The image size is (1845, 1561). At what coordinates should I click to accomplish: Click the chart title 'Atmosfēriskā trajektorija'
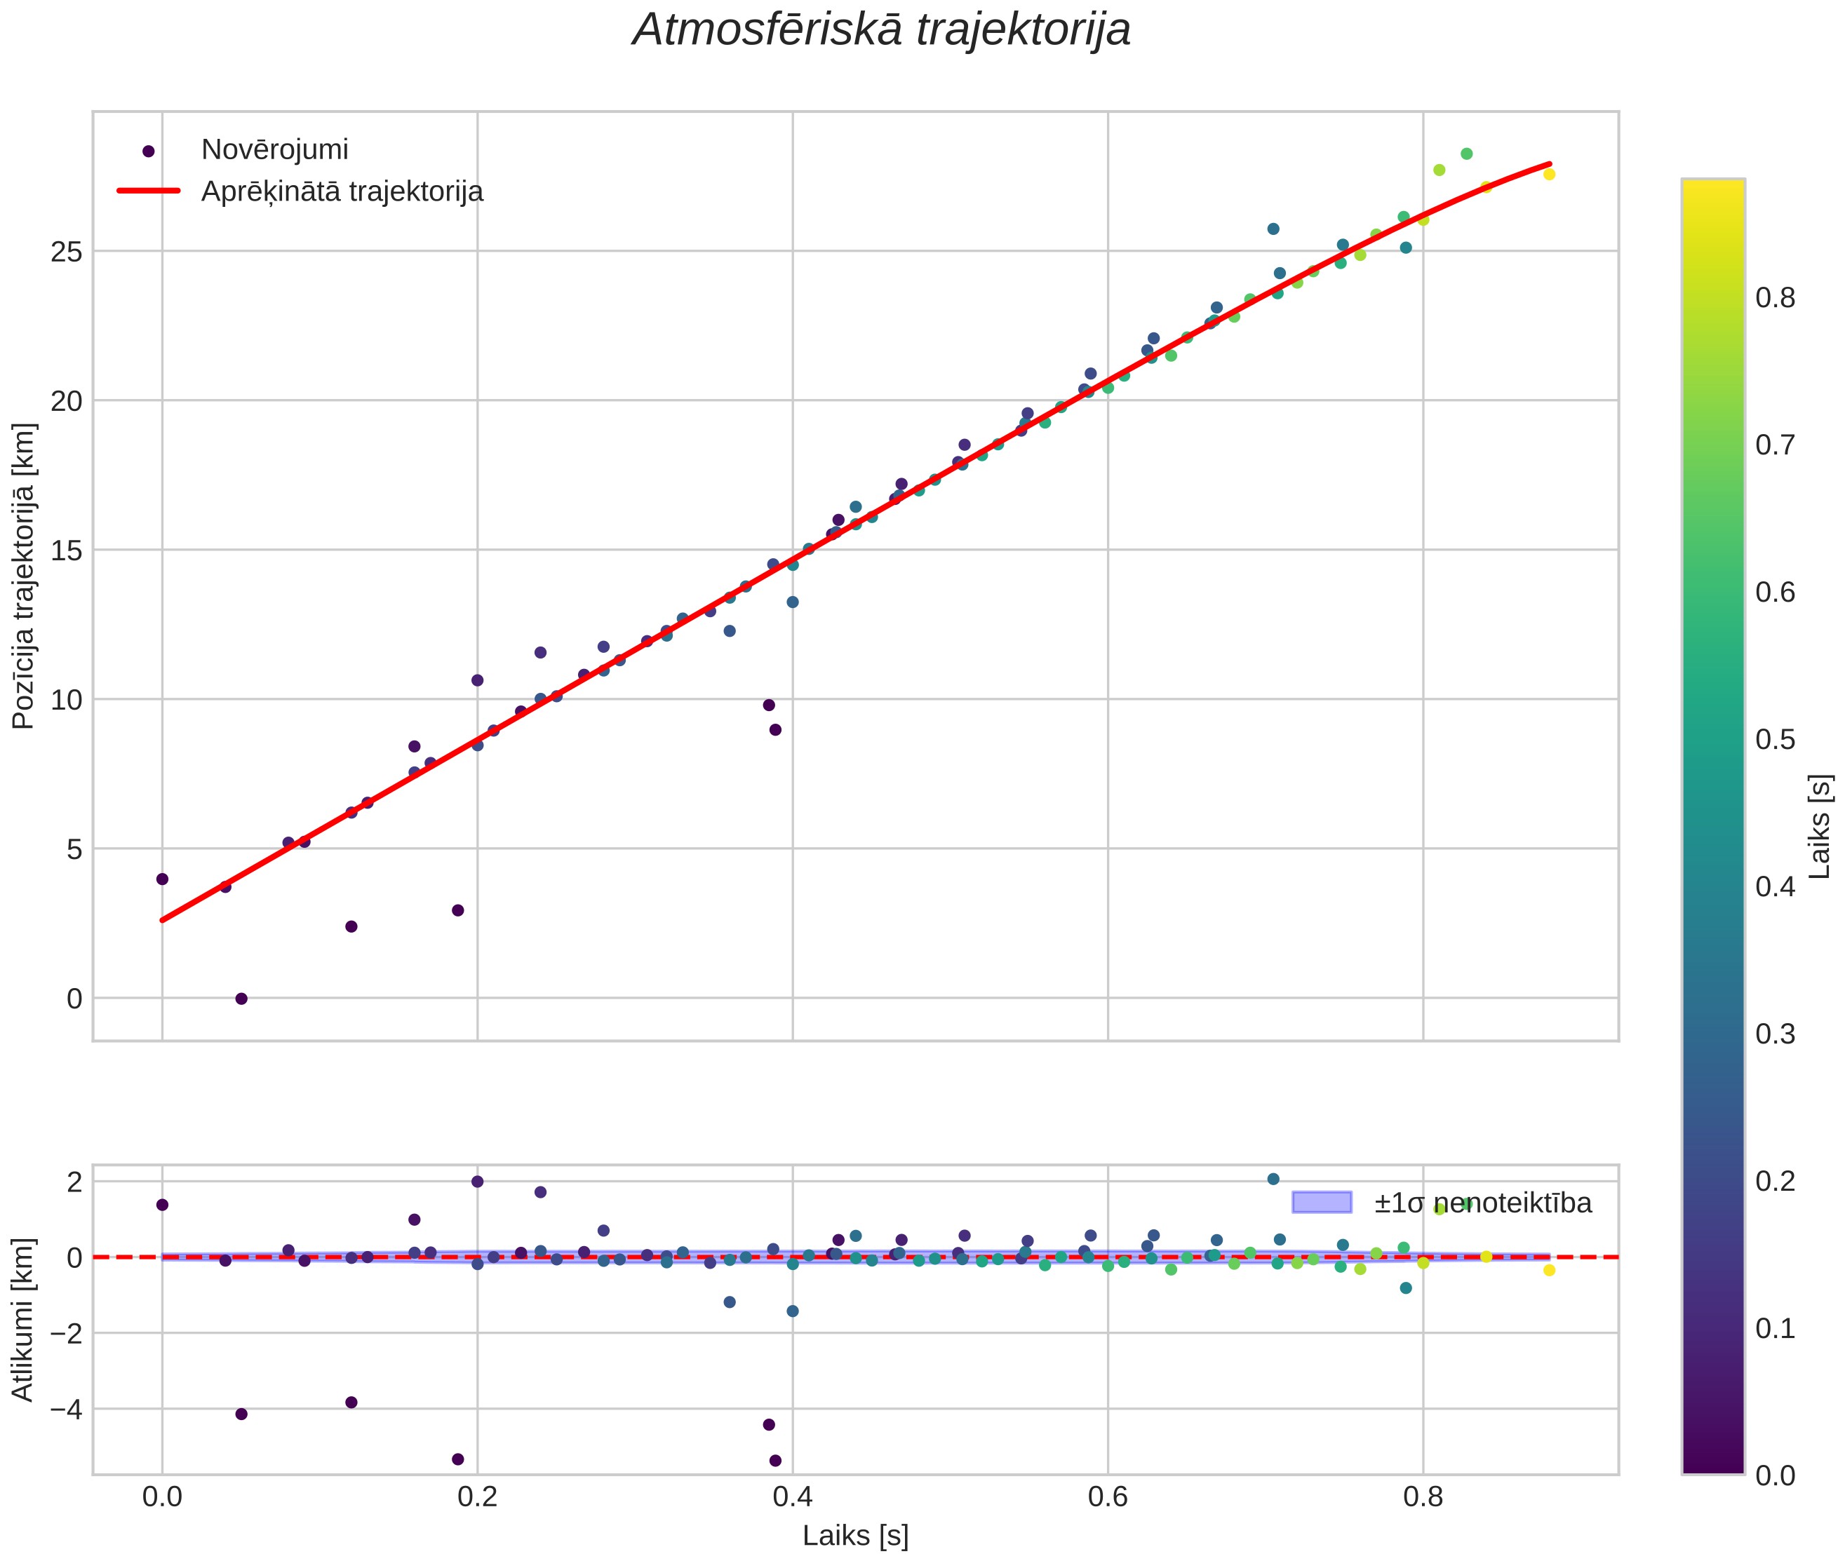881,29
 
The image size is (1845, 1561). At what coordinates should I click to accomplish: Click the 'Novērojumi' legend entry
274,149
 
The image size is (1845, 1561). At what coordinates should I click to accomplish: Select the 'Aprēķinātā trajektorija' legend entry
342,191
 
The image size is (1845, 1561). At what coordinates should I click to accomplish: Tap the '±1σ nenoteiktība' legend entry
1483,1203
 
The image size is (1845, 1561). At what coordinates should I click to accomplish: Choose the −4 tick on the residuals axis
61,1408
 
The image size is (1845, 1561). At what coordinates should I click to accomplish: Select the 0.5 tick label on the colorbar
1775,739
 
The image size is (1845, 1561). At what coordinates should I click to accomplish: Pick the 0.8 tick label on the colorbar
1775,297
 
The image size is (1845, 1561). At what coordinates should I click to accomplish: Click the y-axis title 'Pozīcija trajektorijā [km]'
23,576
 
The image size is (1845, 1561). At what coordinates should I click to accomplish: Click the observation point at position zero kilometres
241,998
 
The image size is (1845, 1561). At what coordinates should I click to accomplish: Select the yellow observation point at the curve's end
1549,175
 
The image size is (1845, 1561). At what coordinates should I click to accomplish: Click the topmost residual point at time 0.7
1273,1179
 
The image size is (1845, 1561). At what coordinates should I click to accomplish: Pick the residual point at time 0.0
162,1204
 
